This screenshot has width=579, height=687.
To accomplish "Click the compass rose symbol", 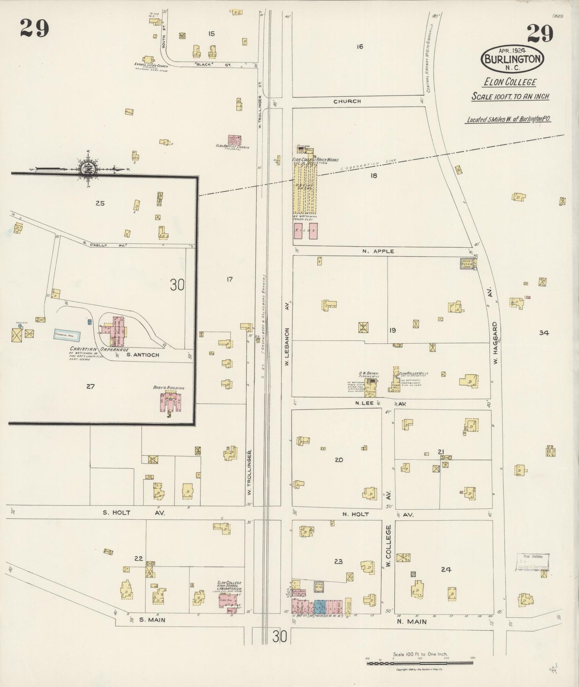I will [x=87, y=169].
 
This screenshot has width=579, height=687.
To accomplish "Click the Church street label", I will [x=347, y=101].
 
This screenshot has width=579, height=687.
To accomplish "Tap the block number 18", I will [x=373, y=175].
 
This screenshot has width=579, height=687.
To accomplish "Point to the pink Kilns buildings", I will [x=306, y=231].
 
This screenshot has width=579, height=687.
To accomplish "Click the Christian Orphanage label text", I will [x=93, y=349].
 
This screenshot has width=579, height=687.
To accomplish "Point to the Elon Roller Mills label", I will [x=413, y=373].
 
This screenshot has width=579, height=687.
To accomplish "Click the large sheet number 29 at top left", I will [x=34, y=28].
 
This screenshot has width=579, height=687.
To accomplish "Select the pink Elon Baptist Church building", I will [x=234, y=140].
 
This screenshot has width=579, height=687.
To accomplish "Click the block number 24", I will [x=446, y=569].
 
